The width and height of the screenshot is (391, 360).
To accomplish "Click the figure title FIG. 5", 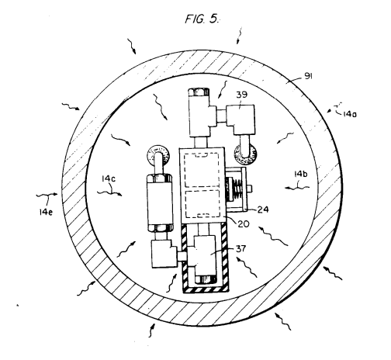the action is click(x=202, y=19).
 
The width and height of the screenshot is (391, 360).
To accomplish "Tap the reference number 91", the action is click(x=308, y=76).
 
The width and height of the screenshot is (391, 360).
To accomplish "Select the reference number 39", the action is click(x=241, y=95).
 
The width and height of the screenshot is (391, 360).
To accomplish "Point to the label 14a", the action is click(x=350, y=114).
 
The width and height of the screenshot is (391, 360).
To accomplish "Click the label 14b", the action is click(x=301, y=174).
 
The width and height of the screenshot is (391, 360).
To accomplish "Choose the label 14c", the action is click(x=109, y=178).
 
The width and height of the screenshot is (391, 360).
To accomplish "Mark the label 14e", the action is click(x=46, y=213).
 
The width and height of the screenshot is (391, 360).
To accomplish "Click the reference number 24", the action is click(x=263, y=209).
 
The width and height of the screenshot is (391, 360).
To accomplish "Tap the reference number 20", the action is click(x=244, y=223).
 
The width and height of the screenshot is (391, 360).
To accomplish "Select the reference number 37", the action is click(x=240, y=248).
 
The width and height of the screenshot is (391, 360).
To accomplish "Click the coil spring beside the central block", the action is click(x=237, y=189).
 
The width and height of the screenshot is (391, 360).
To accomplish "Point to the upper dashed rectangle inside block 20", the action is click(x=201, y=170).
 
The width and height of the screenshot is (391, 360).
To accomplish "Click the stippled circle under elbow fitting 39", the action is click(x=245, y=154).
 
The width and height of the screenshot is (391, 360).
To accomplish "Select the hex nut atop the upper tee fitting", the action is click(x=199, y=92).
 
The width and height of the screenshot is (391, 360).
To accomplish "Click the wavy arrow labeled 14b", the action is click(x=297, y=187).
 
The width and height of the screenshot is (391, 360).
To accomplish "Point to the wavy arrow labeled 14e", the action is click(x=47, y=195).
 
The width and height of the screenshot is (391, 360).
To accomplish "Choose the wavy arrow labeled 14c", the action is click(x=109, y=193).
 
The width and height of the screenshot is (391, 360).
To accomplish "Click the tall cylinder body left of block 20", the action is click(x=160, y=202).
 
